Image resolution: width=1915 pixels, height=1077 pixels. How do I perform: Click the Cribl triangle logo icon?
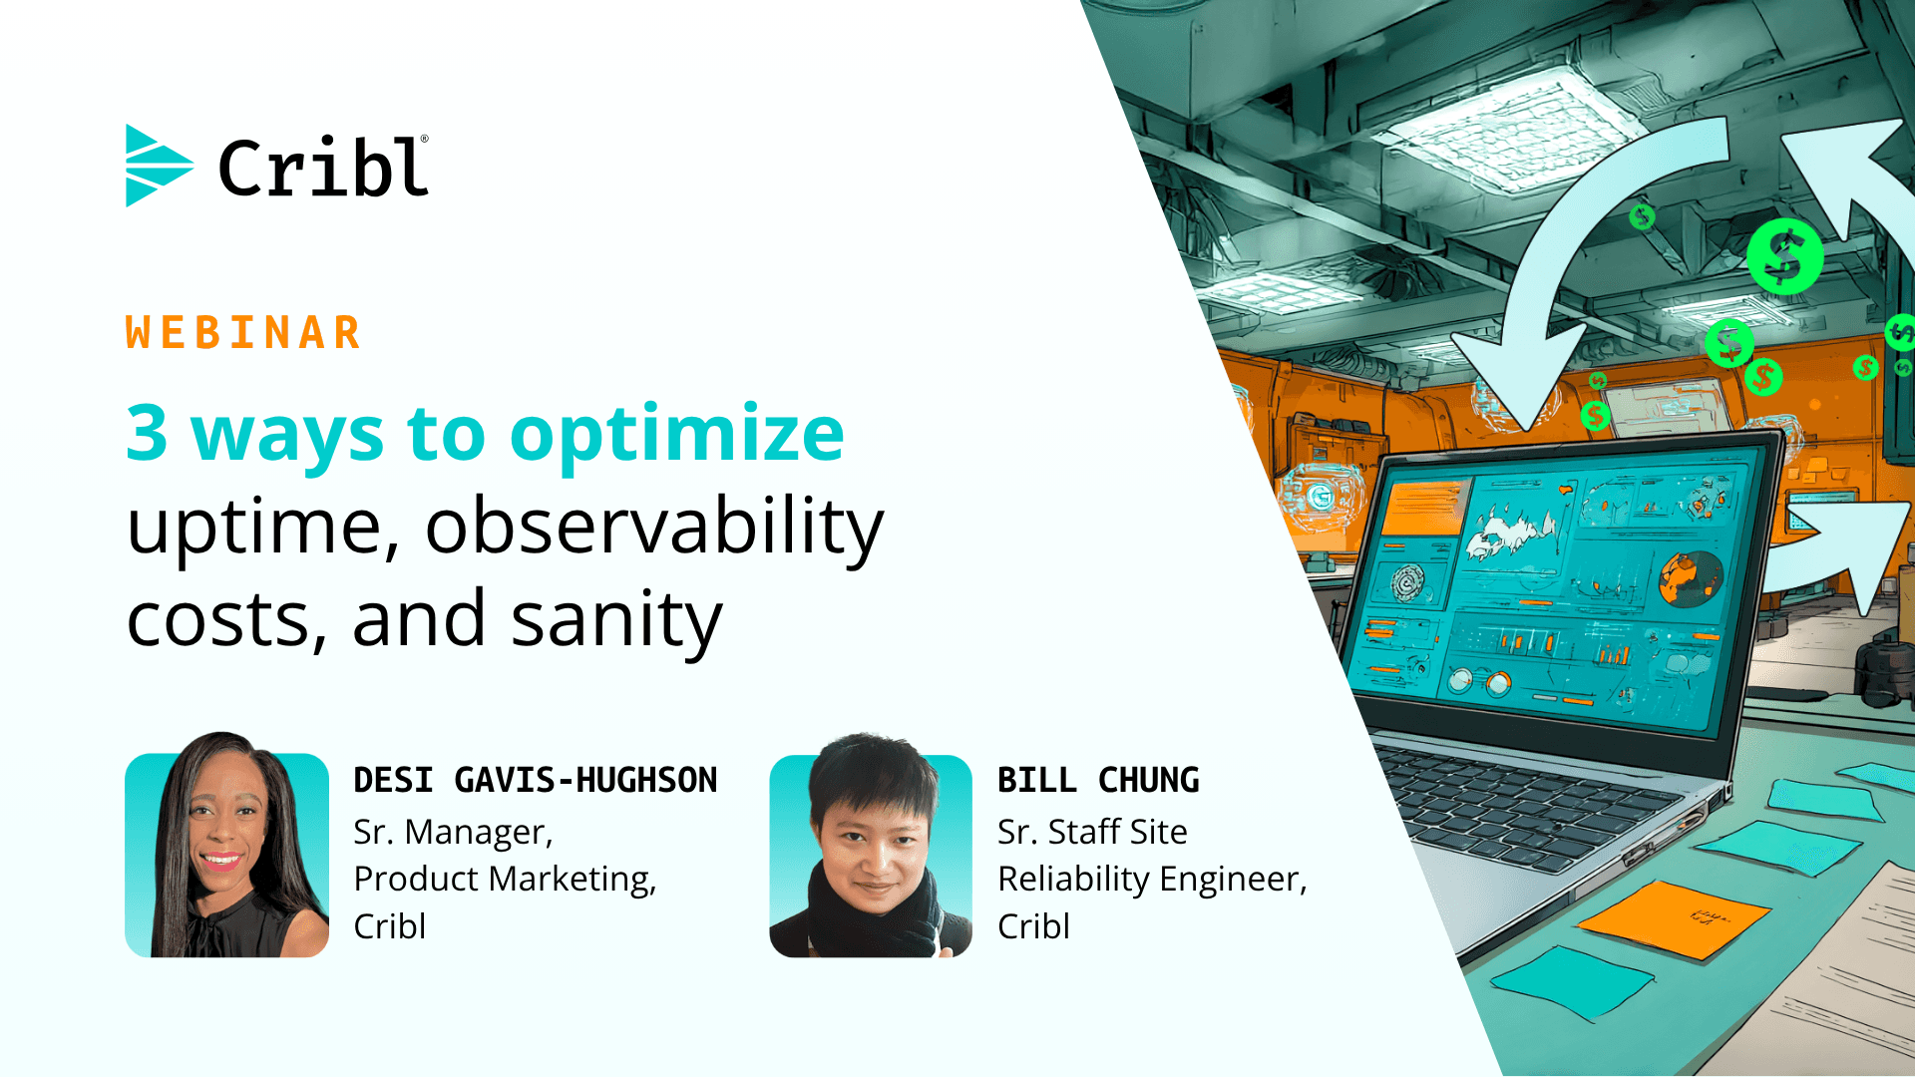[158, 166]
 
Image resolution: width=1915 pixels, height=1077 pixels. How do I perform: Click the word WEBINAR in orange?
[243, 333]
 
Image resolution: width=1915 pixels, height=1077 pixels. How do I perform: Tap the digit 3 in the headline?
[147, 433]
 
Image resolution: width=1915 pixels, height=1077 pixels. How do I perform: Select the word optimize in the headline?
[677, 437]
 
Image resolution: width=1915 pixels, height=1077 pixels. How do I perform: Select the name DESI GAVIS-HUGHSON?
[536, 780]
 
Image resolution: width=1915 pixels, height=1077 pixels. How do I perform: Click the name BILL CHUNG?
[1098, 780]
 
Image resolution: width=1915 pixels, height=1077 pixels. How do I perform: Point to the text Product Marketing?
[505, 879]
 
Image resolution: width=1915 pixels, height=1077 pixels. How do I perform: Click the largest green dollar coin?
[1784, 256]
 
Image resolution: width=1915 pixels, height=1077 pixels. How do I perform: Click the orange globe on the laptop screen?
[1692, 579]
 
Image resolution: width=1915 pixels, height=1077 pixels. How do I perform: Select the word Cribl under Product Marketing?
[390, 926]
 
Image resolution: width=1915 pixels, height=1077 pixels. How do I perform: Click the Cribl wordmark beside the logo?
[323, 167]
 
